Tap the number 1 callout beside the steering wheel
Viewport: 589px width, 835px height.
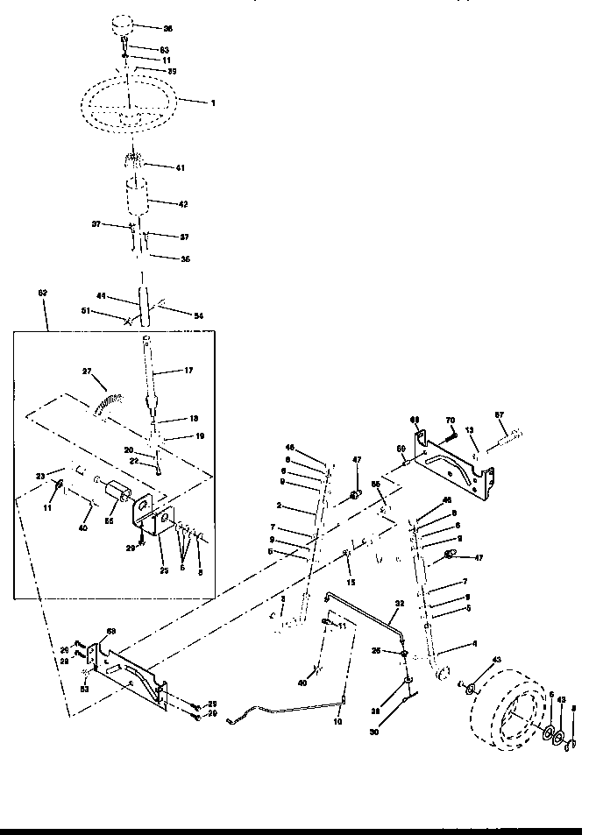[213, 103]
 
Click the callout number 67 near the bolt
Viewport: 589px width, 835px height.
[500, 414]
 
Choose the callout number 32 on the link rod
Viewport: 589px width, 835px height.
[400, 604]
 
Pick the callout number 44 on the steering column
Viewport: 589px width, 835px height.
[103, 297]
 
